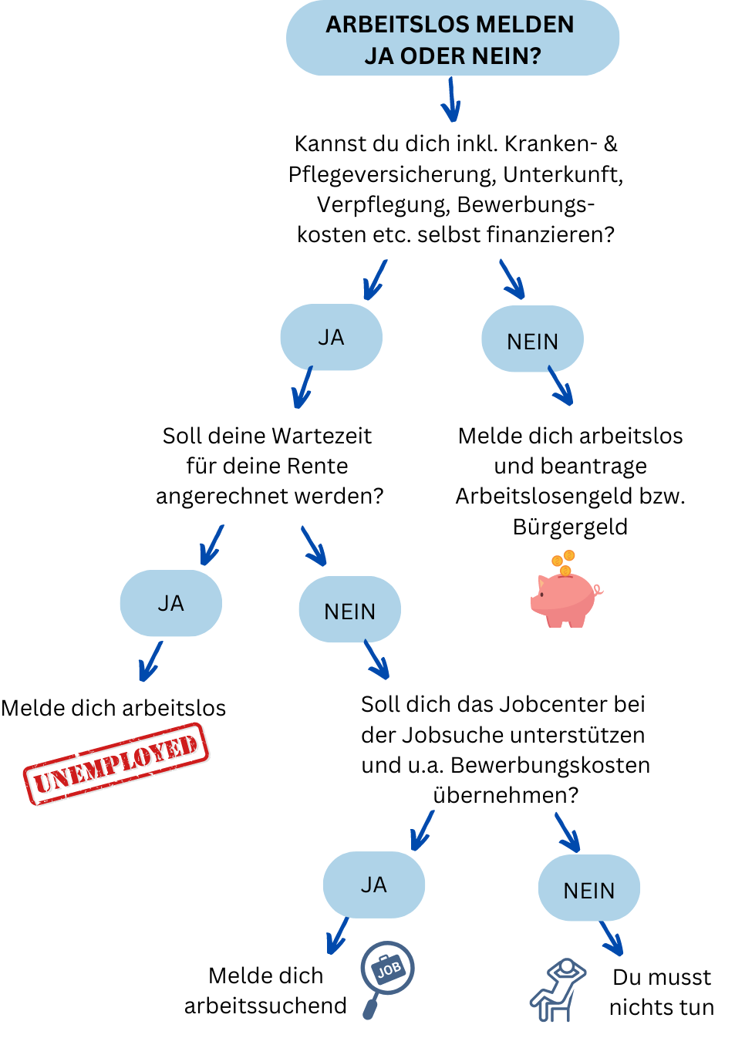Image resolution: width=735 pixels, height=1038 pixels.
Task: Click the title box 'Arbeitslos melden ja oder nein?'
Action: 452,38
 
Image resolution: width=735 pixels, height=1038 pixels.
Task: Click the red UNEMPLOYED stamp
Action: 116,764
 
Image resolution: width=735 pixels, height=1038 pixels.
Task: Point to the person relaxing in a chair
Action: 558,990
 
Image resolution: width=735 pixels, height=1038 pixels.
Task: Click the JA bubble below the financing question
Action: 332,337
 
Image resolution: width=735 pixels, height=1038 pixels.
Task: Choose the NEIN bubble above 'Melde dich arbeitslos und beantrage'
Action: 532,339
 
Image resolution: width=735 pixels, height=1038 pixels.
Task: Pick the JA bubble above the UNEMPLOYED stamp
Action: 171,603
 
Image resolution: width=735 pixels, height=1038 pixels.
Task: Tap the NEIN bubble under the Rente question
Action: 350,609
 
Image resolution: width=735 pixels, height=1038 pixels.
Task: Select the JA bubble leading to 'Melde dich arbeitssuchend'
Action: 374,885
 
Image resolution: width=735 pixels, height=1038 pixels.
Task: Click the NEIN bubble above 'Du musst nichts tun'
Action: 589,888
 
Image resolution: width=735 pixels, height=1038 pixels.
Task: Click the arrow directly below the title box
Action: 451,99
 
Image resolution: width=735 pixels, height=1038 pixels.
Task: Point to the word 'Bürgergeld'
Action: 570,527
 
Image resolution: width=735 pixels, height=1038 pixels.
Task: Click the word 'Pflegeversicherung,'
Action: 392,175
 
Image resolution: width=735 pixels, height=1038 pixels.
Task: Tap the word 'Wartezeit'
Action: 321,436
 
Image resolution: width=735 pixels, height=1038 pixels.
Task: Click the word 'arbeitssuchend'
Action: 265,1006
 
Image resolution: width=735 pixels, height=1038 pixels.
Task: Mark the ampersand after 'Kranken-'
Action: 610,144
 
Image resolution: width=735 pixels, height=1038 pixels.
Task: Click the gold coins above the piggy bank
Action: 564,562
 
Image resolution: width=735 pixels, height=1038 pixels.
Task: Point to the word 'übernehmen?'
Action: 506,796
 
